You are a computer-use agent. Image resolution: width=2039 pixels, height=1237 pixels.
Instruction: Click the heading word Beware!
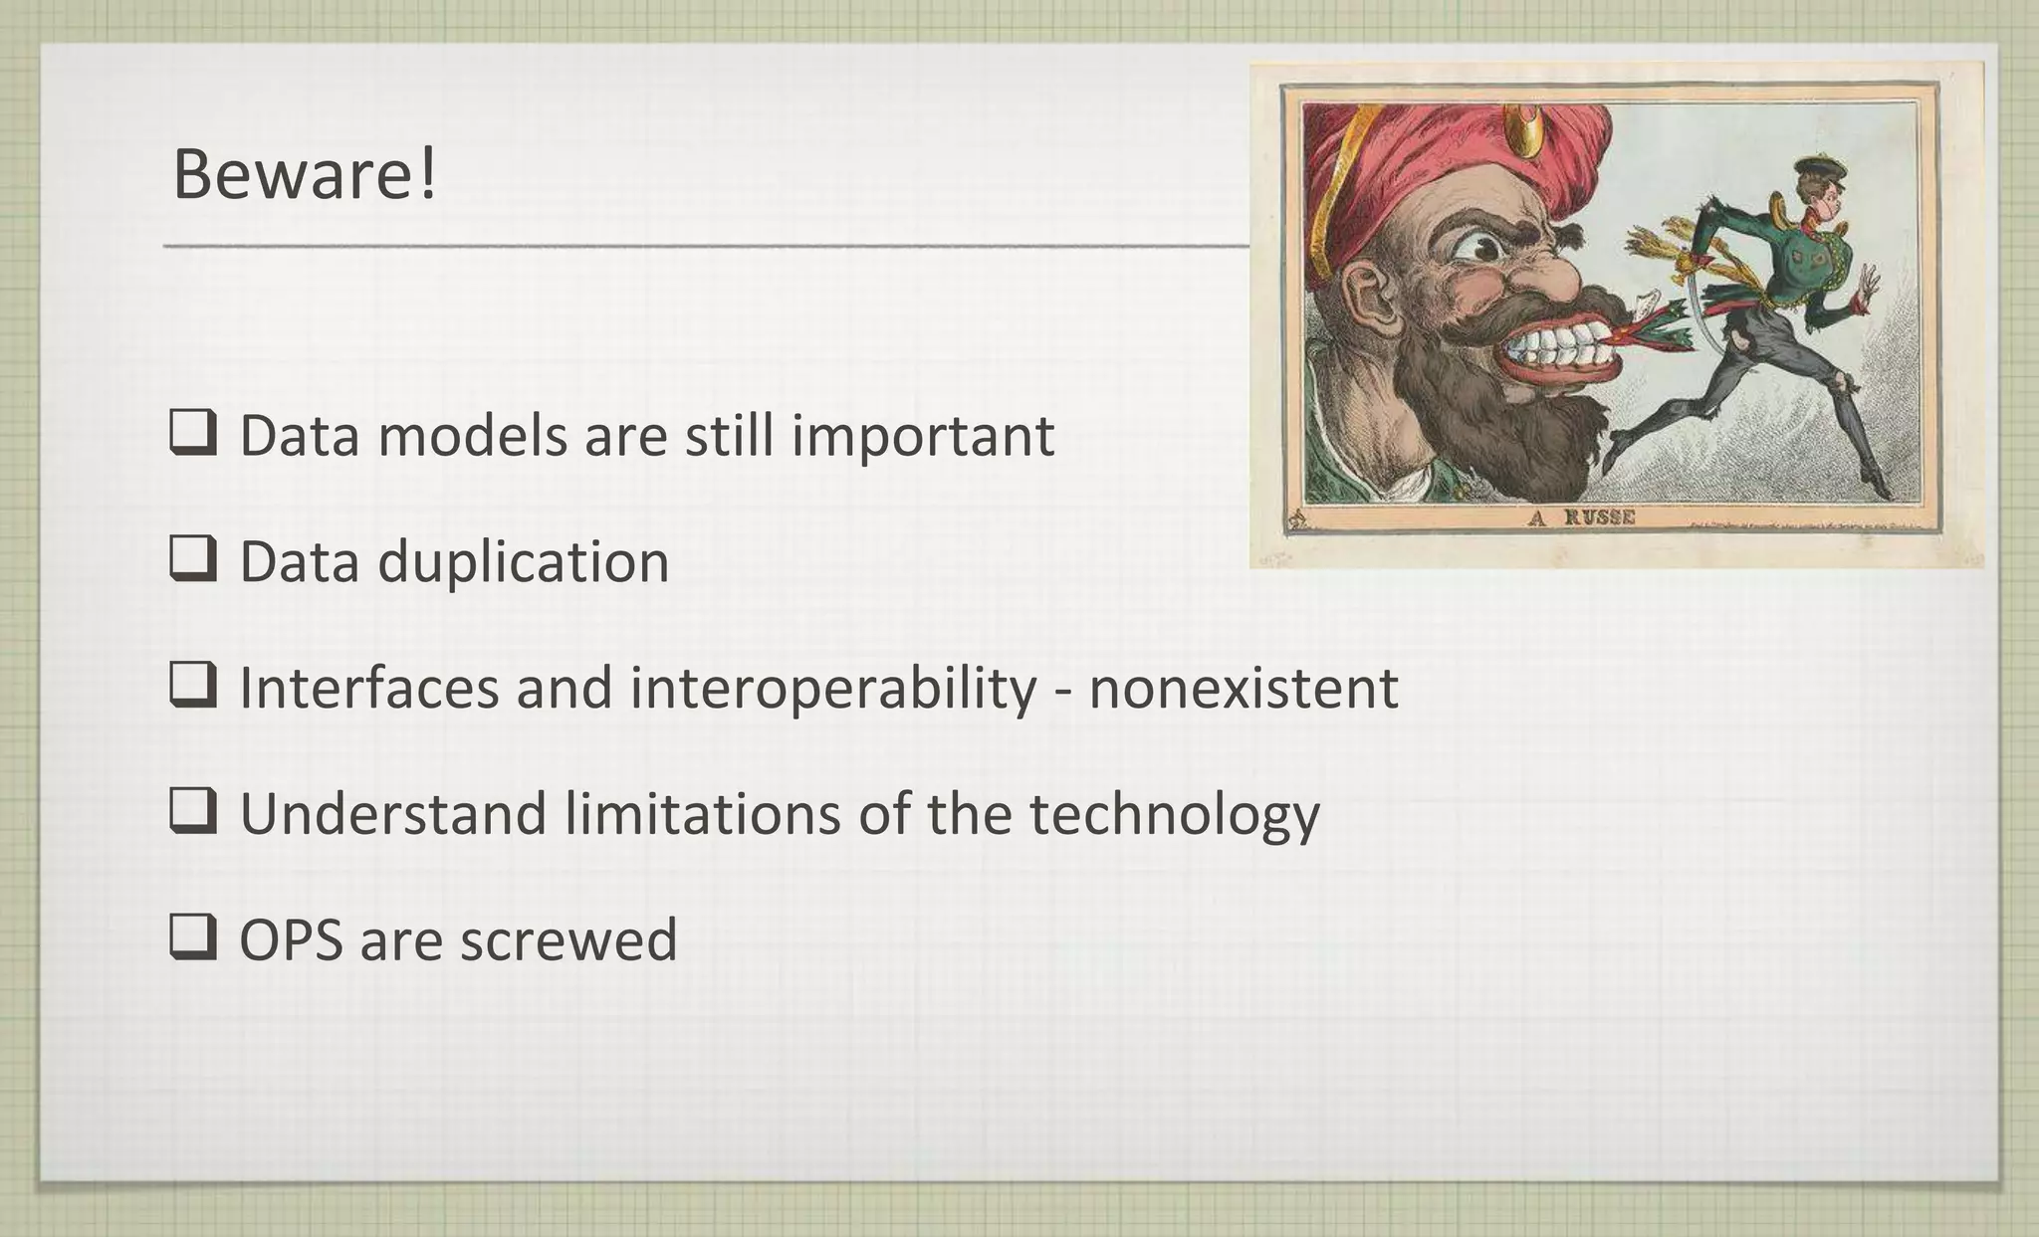[x=304, y=174]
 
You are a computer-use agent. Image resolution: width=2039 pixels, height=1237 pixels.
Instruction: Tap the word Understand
[x=393, y=813]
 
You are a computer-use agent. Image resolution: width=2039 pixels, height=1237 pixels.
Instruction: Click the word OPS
[x=291, y=939]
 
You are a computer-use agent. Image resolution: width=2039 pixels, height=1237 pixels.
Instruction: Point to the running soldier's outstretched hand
[x=1870, y=288]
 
